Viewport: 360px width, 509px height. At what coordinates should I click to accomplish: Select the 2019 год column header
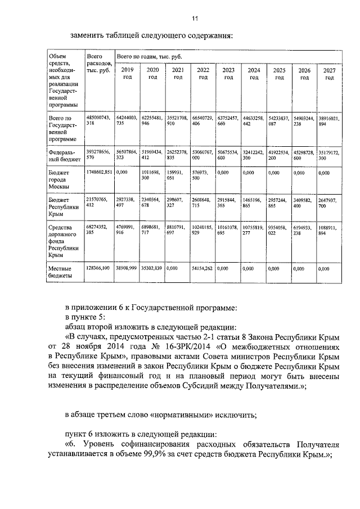click(127, 74)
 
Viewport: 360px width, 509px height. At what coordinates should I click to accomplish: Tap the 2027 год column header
click(330, 74)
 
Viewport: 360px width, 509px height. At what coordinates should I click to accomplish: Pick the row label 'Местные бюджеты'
click(60, 272)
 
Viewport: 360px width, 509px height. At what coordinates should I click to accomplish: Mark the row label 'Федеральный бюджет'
click(60, 155)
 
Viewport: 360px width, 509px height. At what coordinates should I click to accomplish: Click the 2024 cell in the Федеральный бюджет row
click(254, 155)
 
